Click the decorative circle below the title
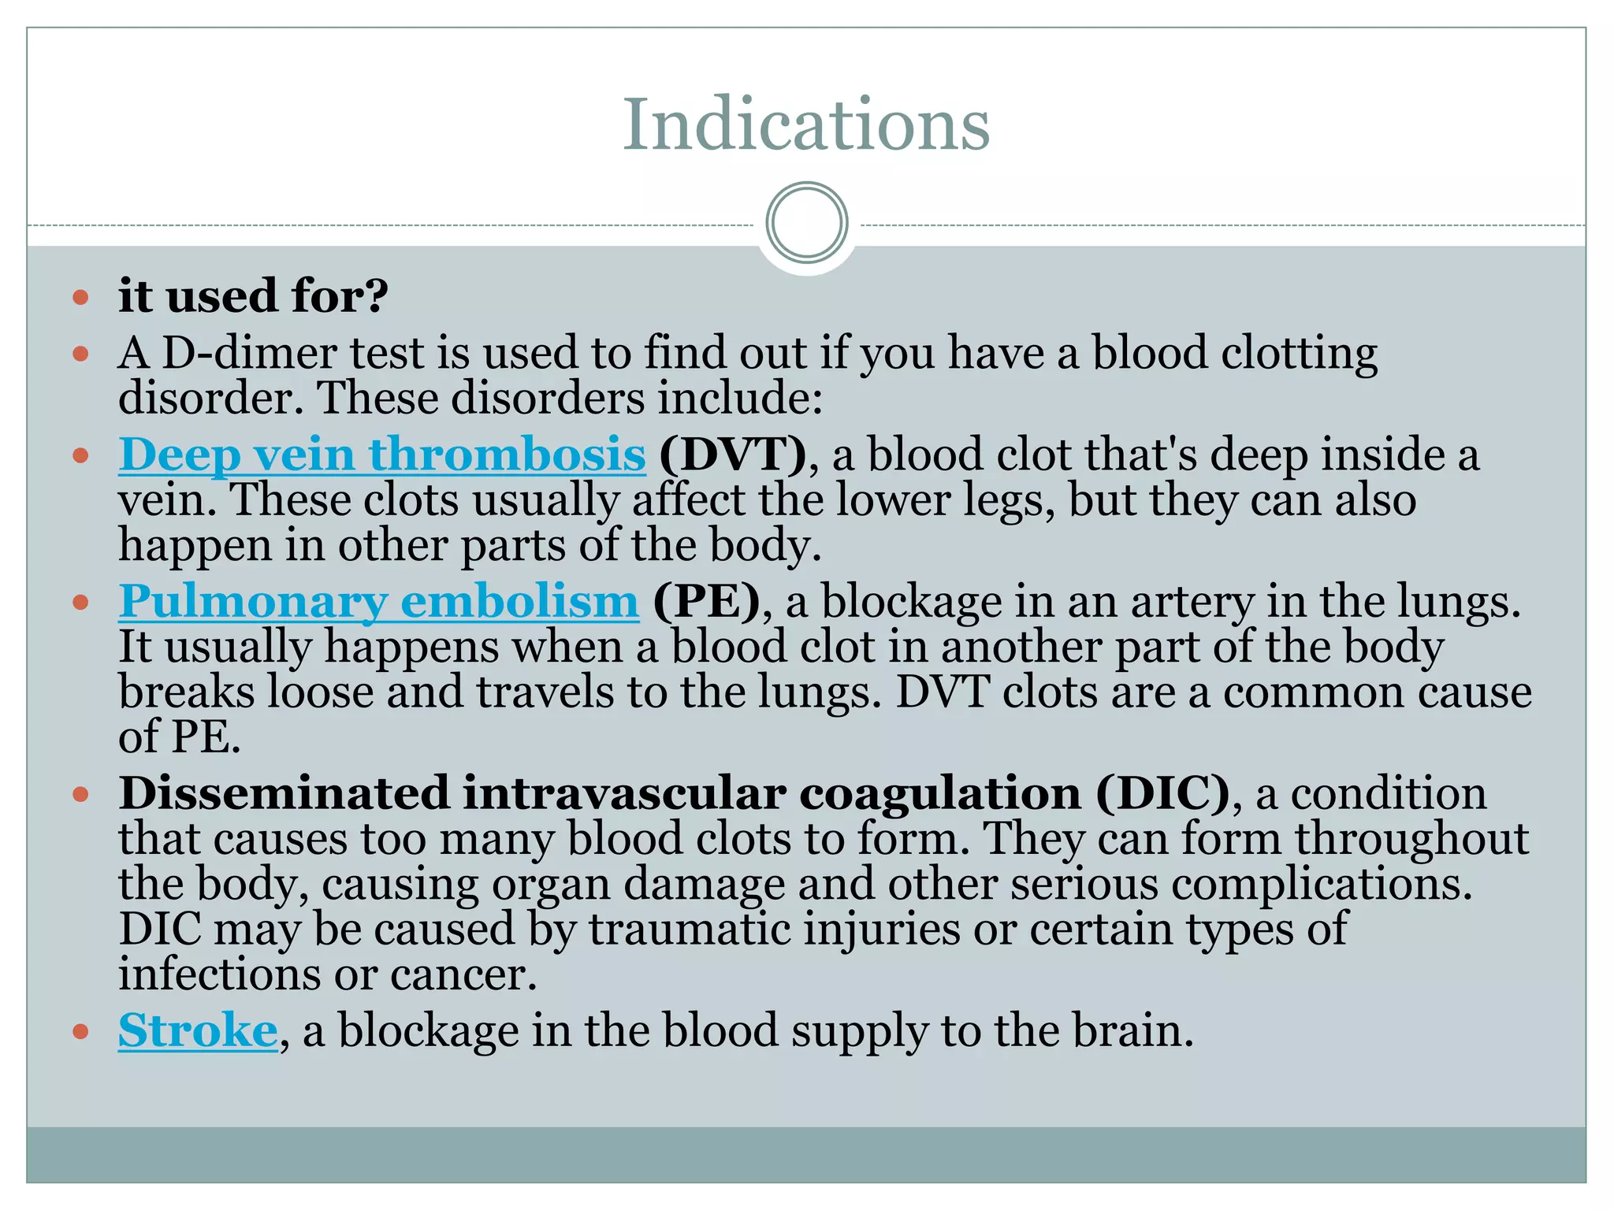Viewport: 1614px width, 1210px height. coord(806,223)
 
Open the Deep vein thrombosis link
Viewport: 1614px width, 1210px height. coord(382,455)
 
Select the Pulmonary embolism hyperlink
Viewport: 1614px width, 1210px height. coord(378,601)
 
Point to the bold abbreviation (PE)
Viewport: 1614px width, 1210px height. coord(707,601)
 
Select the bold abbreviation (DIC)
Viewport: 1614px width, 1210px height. coord(1162,792)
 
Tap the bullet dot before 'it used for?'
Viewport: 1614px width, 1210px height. coord(80,298)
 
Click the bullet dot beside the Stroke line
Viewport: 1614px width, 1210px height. coord(80,1031)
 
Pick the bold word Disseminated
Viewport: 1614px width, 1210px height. coord(283,792)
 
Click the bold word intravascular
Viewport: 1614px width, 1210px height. coord(623,792)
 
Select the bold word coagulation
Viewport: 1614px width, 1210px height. coord(940,792)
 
